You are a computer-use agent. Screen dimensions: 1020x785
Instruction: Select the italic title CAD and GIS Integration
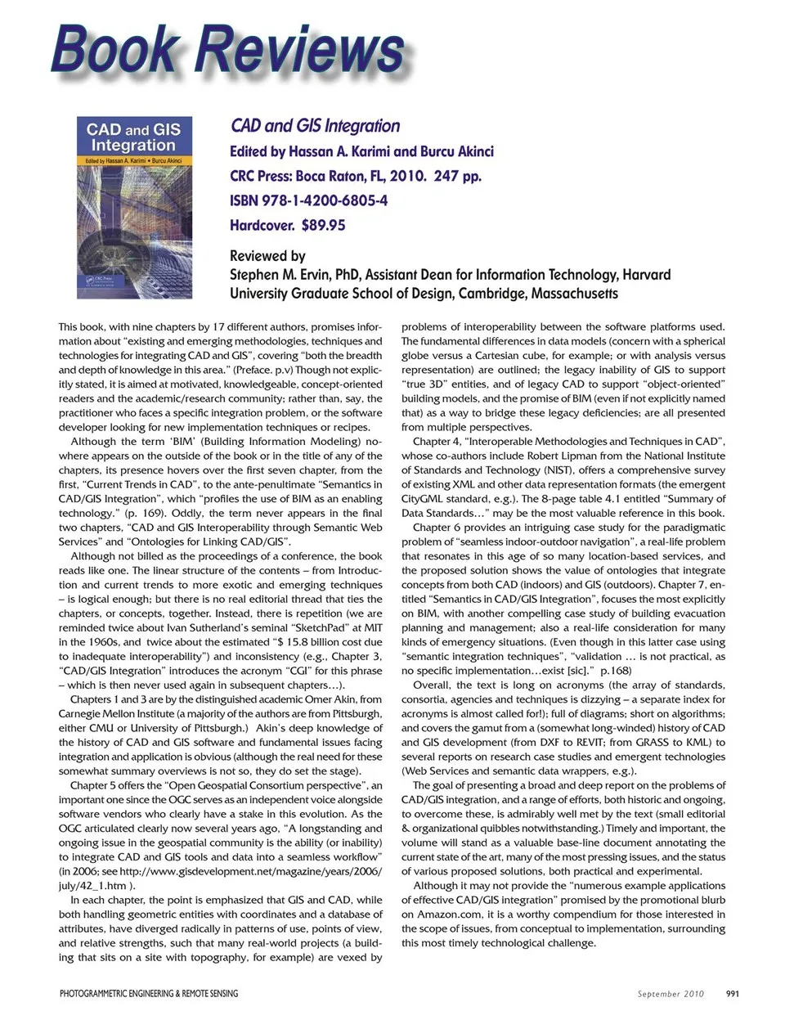[315, 126]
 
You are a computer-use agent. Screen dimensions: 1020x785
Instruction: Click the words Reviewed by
[267, 255]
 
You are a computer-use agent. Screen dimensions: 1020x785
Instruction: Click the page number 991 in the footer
[732, 994]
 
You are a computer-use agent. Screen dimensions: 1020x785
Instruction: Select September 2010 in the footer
[671, 994]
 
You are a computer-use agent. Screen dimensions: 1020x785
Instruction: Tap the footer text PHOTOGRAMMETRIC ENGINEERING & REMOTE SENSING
[149, 994]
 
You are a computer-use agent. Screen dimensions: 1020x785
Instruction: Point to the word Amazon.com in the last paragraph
[451, 914]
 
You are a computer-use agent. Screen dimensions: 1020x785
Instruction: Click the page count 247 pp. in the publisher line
[457, 176]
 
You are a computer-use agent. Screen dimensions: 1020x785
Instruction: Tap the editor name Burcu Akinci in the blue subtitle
[456, 151]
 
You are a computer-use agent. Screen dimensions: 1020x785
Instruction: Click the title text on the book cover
[133, 137]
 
